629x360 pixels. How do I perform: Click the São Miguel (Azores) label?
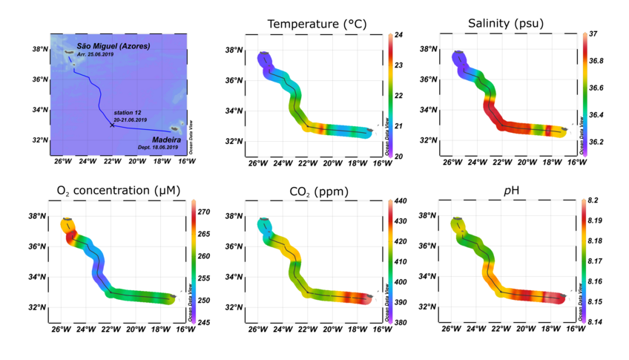[x=113, y=47]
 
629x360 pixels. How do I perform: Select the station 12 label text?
[x=128, y=113]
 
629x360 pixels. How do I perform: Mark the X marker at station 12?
[x=112, y=125]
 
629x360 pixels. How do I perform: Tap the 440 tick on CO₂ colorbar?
[x=398, y=201]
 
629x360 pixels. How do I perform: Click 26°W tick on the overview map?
[x=62, y=160]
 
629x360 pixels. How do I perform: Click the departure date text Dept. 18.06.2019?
[x=158, y=148]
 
